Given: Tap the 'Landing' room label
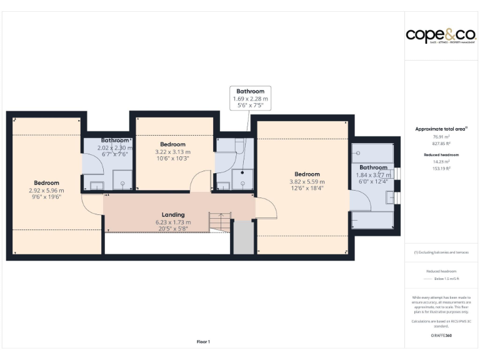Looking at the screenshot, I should (173, 214).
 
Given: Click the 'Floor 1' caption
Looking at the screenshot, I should (203, 342).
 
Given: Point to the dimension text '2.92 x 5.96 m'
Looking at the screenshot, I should (46, 191).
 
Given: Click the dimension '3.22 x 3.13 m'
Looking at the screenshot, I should (172, 151).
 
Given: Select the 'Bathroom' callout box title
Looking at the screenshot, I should (250, 91).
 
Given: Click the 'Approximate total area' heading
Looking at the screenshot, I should (441, 129).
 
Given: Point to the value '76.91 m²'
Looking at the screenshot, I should (441, 136).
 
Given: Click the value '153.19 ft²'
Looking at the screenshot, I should (441, 167).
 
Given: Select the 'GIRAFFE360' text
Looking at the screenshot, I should (441, 336).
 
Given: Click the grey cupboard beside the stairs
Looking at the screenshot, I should (243, 238).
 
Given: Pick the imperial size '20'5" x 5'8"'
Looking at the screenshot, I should (173, 228).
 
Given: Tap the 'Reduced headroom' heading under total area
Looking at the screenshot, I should (441, 154).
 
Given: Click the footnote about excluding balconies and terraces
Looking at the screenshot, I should (441, 252).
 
